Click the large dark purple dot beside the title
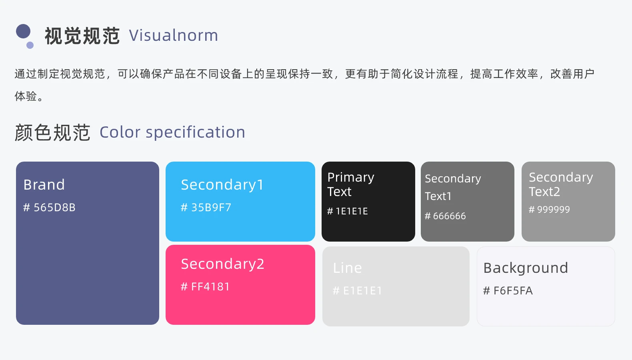tap(23, 31)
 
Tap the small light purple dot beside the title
tap(30, 45)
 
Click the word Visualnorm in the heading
tap(174, 36)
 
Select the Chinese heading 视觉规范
tap(82, 36)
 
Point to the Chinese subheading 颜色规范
tap(52, 132)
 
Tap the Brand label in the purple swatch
tap(44, 185)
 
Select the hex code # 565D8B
tap(49, 207)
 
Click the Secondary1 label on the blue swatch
tap(222, 185)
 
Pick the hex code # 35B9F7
tap(206, 207)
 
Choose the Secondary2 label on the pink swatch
tap(223, 264)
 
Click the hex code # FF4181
tap(205, 287)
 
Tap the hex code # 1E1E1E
tap(348, 211)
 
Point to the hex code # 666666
tap(445, 216)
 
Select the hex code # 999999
tap(549, 209)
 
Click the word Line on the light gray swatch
tap(347, 268)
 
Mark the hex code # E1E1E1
tap(358, 290)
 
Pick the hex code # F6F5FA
tap(508, 290)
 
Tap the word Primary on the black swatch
tap(351, 178)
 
